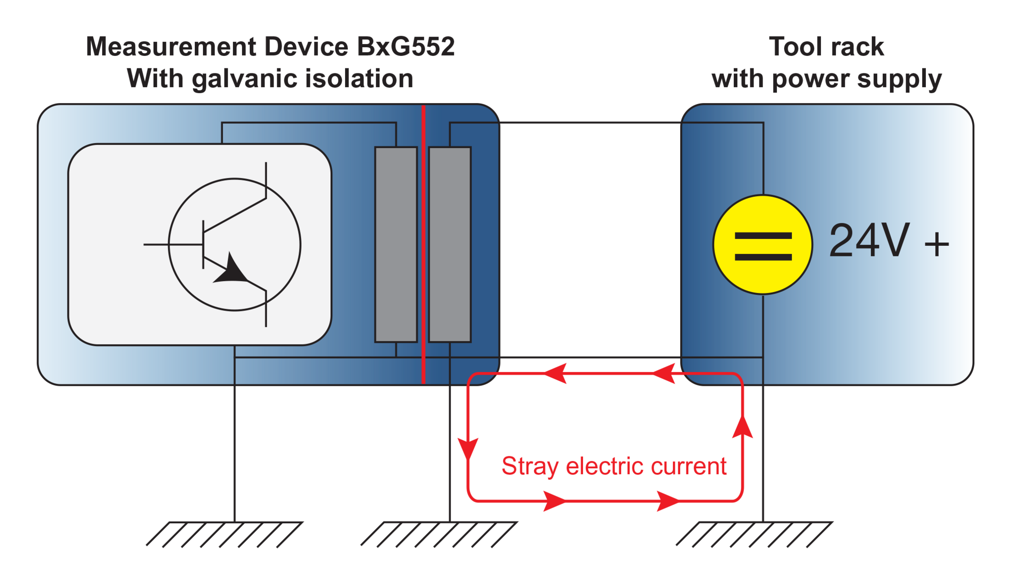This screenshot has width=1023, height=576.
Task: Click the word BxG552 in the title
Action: coord(405,47)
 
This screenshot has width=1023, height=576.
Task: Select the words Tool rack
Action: coord(826,47)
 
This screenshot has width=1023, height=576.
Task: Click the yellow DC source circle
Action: coord(763,244)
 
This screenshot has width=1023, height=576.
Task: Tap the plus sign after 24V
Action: coord(936,244)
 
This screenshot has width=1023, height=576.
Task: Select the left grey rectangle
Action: coord(396,244)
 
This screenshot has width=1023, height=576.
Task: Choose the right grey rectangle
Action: coord(450,244)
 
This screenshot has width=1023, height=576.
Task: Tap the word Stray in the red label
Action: coord(530,467)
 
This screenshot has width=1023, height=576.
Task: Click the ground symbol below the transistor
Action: coord(225,534)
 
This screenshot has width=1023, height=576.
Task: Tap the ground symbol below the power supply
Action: coord(754,534)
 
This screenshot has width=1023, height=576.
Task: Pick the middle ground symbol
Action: coord(439,534)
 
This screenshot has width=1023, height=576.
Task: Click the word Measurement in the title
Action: coord(171,47)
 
